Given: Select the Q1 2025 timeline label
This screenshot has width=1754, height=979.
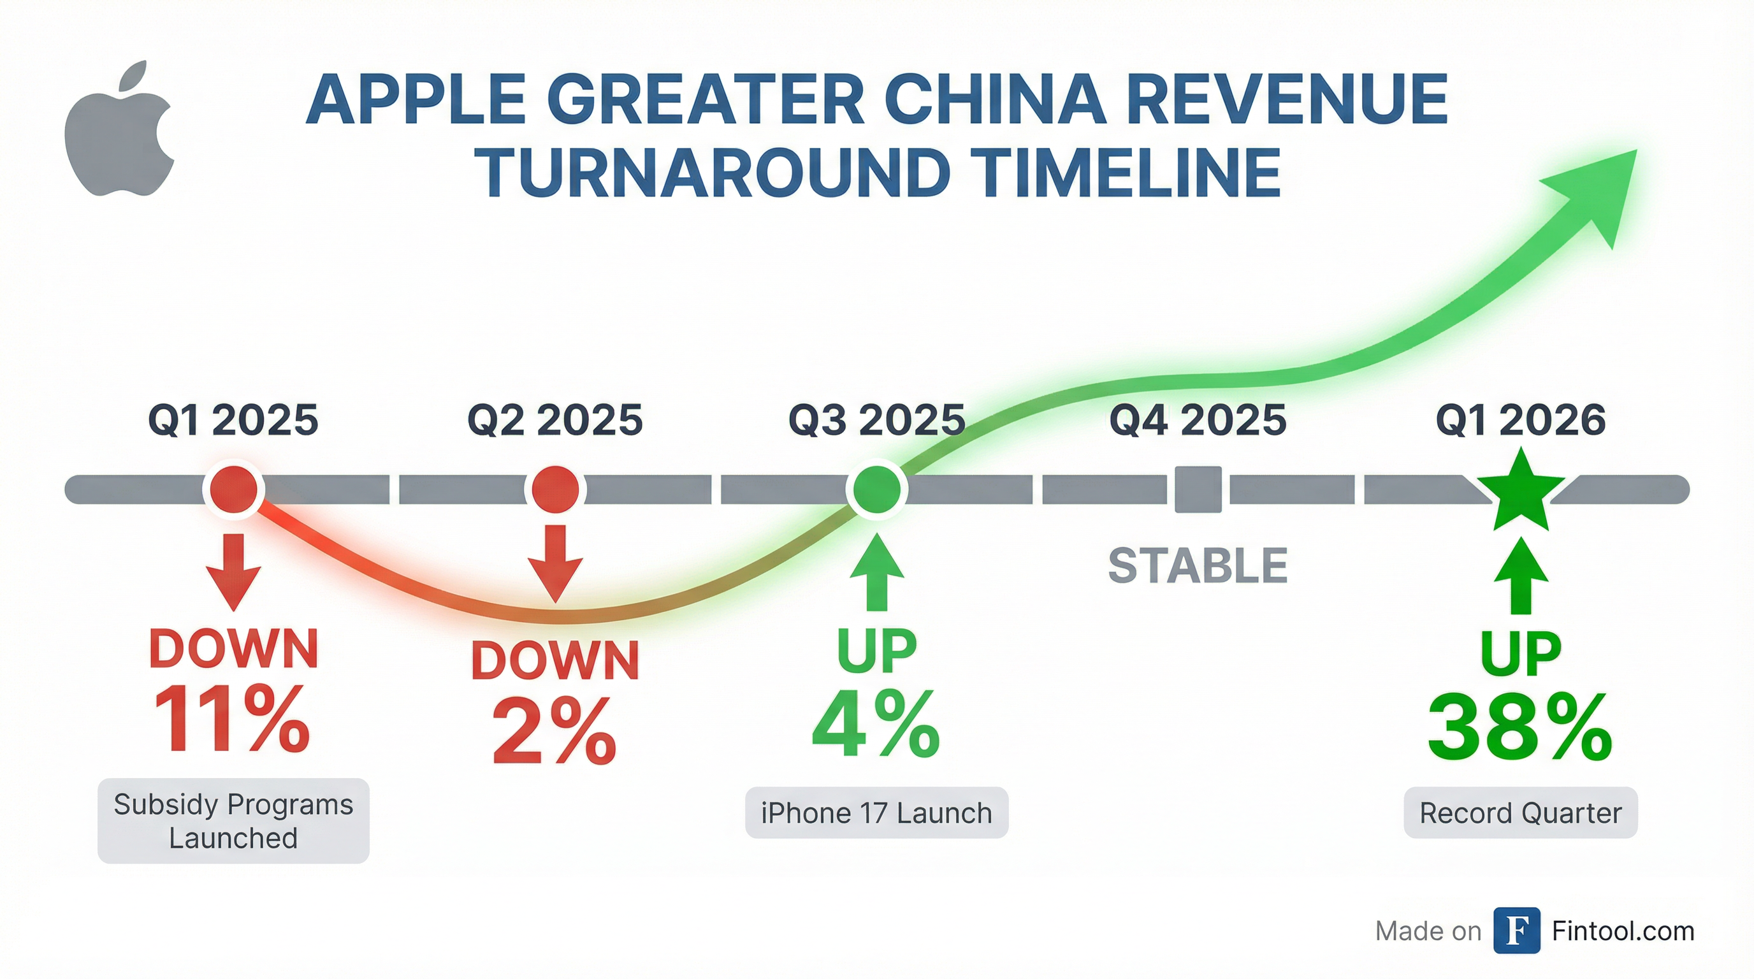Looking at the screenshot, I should [233, 419].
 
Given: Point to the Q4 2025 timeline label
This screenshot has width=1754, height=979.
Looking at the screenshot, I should [1198, 419].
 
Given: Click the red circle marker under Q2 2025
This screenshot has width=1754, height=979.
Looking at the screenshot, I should [555, 489].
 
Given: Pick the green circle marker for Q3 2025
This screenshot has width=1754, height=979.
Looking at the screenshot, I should [876, 489].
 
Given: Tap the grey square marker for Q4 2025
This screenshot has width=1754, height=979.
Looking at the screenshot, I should [1198, 489].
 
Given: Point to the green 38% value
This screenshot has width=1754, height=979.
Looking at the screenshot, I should [1519, 729].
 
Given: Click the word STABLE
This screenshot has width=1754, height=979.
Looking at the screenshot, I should [1198, 566].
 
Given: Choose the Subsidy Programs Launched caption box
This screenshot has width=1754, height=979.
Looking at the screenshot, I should [233, 820].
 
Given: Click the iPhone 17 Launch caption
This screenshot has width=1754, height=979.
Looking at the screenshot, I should [876, 813].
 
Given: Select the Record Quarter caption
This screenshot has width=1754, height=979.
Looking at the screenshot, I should [1521, 813].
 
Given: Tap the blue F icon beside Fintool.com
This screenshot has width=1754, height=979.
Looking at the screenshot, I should [1516, 930].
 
